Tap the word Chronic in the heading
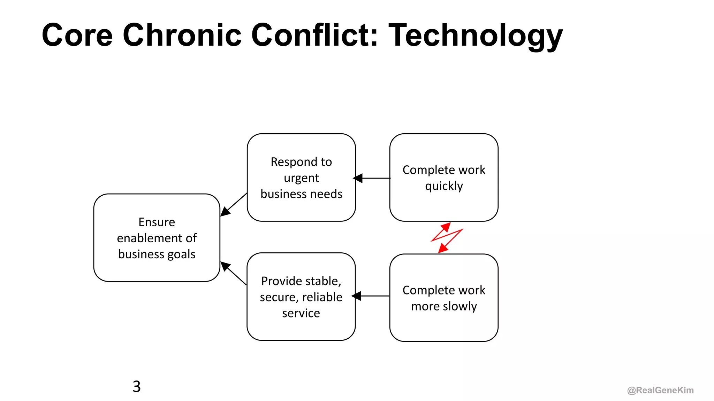tap(182, 35)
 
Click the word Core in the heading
tap(77, 35)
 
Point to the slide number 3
tap(137, 386)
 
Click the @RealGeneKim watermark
tap(660, 390)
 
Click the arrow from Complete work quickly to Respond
tap(372, 178)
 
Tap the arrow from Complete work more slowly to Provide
tap(371, 296)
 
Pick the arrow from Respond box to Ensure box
tap(233, 205)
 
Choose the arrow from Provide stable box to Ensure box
tap(233, 273)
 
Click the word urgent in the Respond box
tap(301, 178)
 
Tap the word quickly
tap(444, 186)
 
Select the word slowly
tap(460, 306)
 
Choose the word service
tap(301, 313)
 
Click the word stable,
tap(321, 281)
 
